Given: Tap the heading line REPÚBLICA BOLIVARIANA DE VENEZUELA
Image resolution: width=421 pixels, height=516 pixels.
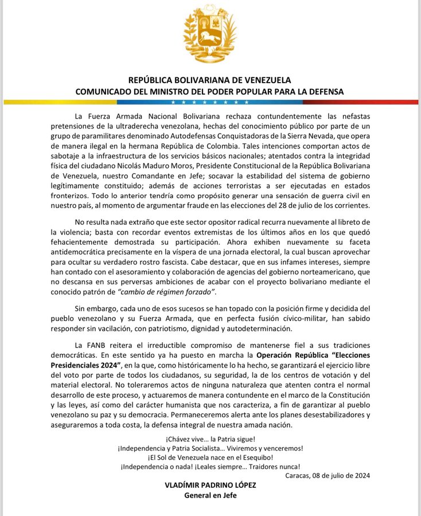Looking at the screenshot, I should pyautogui.click(x=210, y=80).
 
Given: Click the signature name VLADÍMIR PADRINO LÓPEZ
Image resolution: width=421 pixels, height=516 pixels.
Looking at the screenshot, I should pyautogui.click(x=210, y=485).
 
